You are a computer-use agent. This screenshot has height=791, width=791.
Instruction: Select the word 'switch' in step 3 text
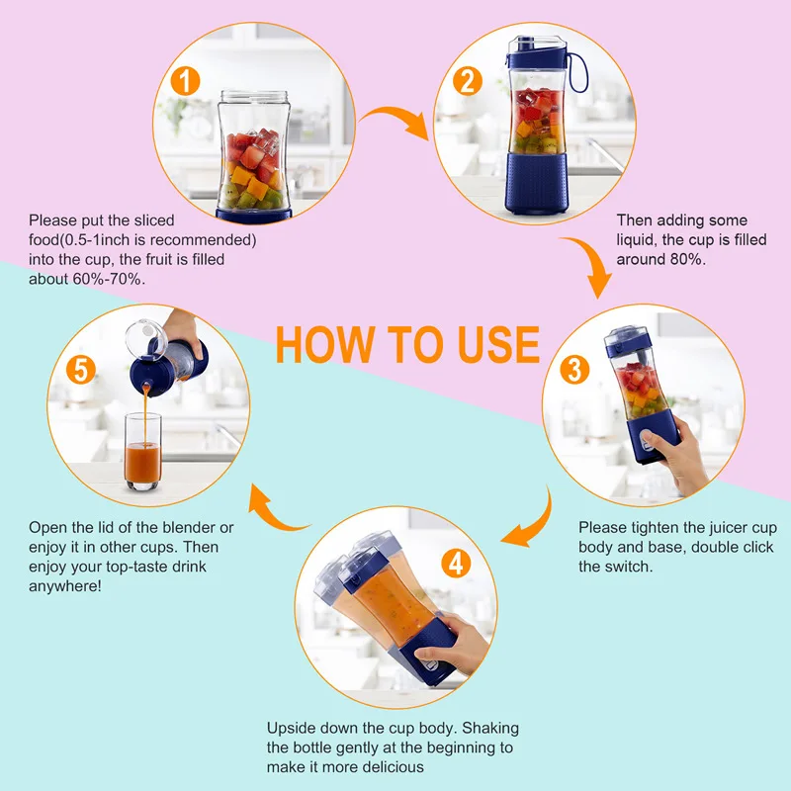629,567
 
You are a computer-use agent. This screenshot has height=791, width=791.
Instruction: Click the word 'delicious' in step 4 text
393,766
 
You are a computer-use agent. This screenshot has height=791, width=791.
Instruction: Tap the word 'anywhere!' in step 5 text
66,585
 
